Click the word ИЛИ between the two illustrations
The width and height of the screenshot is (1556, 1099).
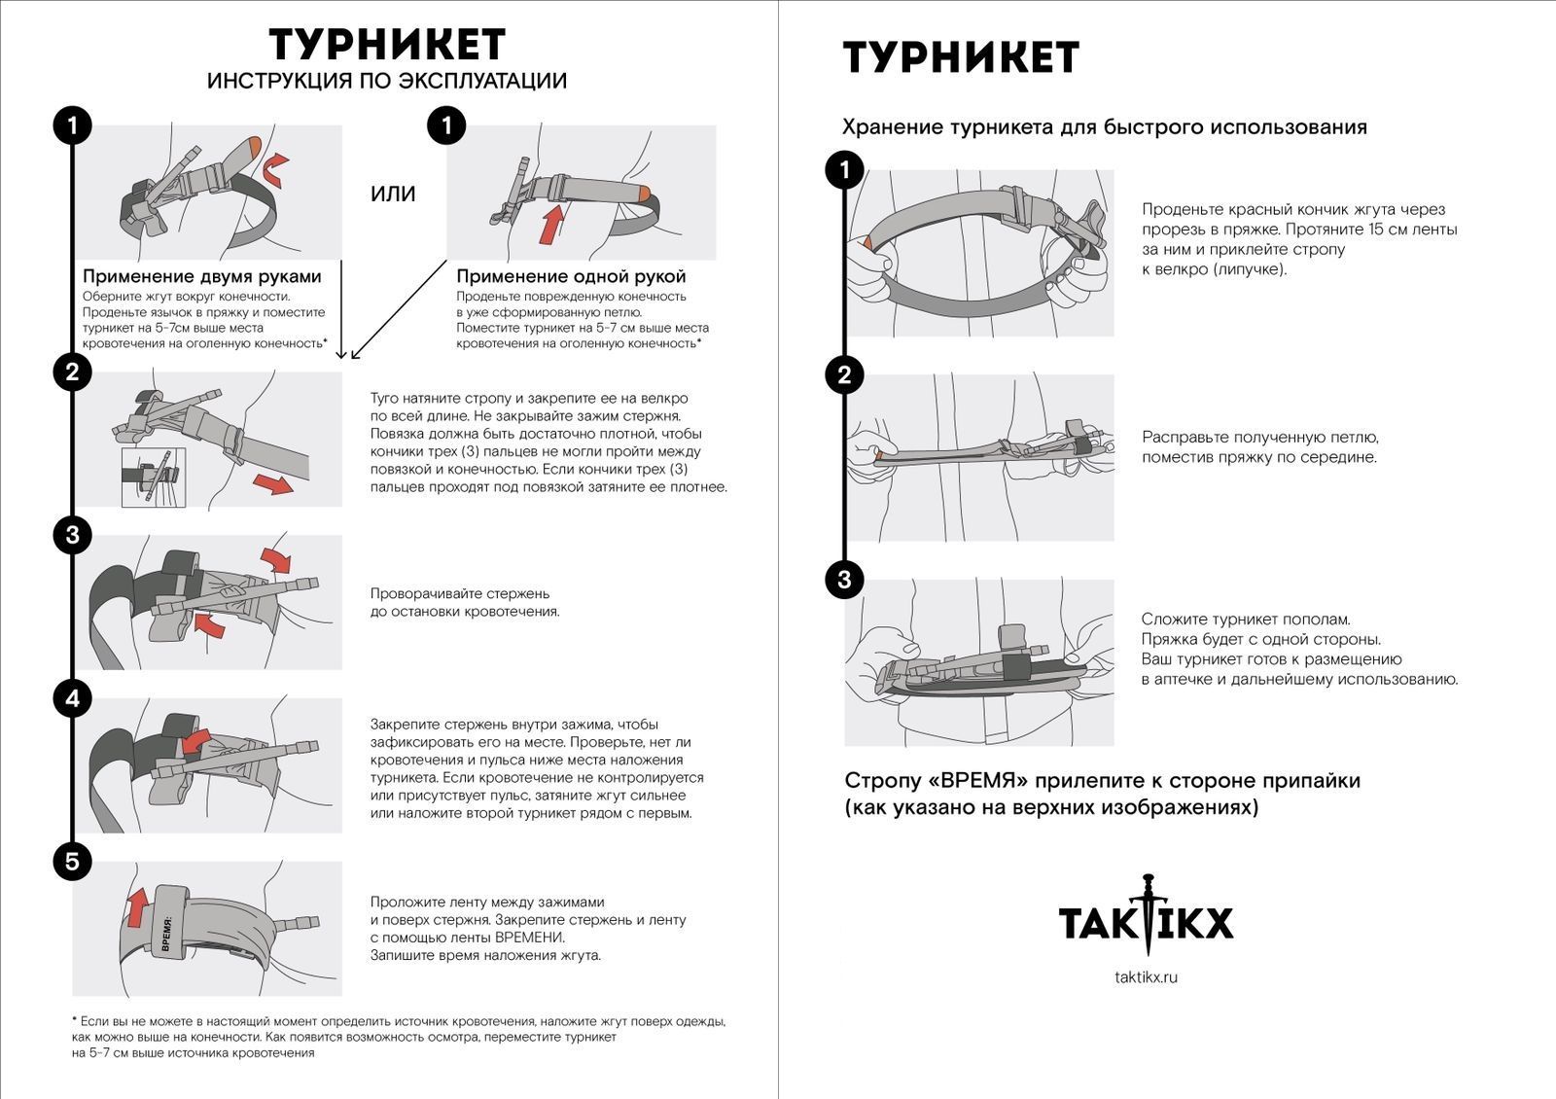[393, 194]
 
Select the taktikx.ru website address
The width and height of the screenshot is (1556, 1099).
[1146, 976]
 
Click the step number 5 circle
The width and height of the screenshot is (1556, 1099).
[72, 861]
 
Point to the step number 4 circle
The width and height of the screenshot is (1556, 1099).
[72, 697]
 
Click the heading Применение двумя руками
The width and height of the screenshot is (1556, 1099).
[201, 276]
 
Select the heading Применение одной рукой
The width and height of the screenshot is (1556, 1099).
[571, 276]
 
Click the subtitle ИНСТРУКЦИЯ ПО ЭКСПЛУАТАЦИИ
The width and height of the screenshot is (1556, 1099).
[386, 81]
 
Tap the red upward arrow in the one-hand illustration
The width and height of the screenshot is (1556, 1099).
[552, 223]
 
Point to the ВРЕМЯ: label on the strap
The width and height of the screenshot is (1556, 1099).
[166, 931]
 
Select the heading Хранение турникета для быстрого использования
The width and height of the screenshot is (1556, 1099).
[1104, 127]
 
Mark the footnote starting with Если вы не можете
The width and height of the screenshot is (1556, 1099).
[399, 1037]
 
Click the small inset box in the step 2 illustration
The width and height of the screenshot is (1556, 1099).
[153, 477]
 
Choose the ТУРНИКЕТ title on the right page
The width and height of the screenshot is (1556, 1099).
[961, 57]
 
